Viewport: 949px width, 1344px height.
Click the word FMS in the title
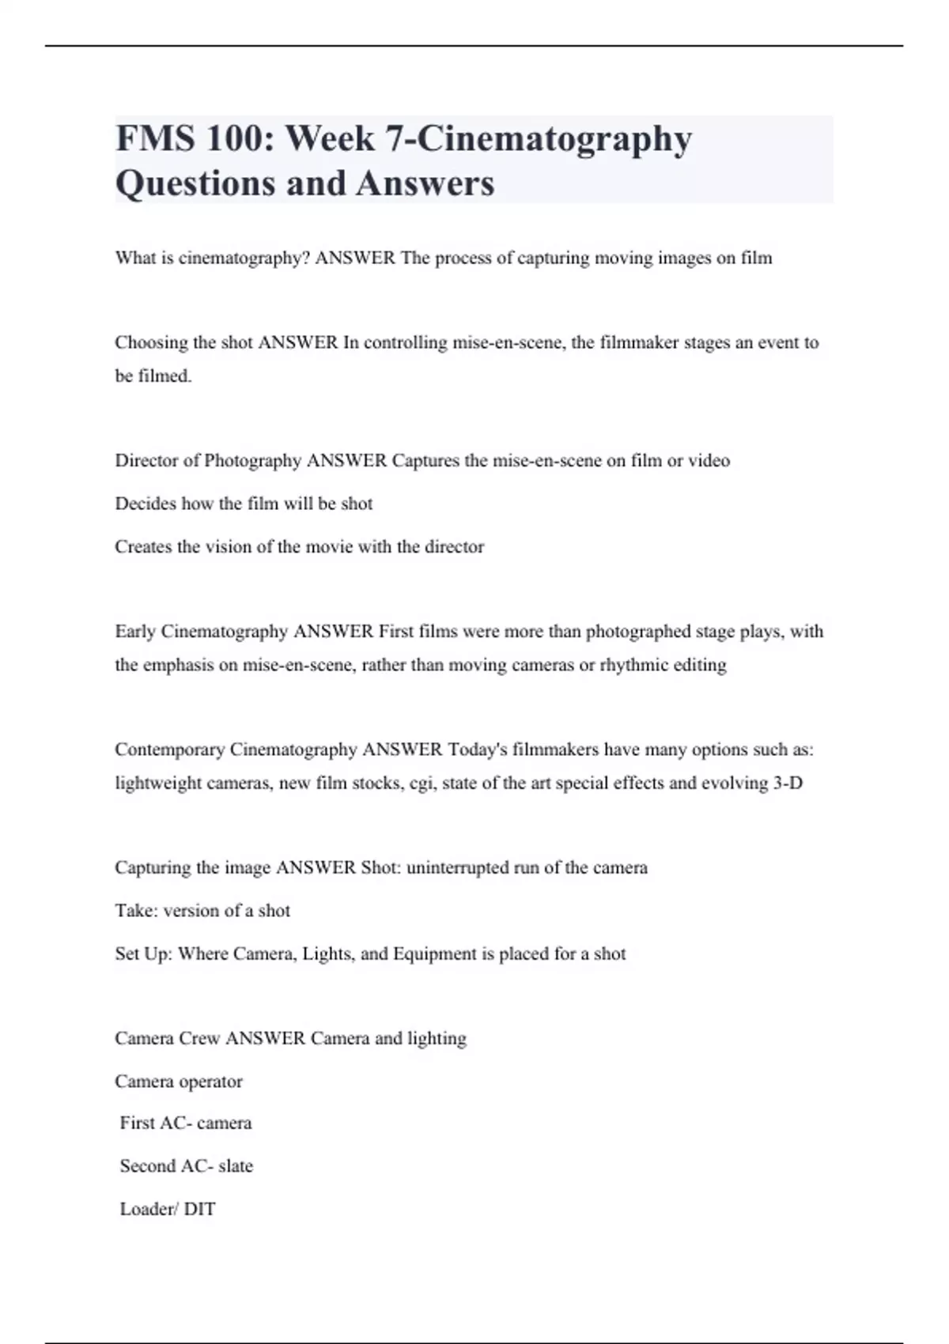154,139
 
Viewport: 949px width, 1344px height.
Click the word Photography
252,461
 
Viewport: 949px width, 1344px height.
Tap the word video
709,461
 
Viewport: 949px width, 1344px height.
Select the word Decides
145,504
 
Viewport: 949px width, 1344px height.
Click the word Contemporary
169,749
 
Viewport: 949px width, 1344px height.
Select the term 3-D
787,783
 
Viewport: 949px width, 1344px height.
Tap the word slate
236,1166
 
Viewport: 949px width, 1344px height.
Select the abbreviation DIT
199,1210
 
